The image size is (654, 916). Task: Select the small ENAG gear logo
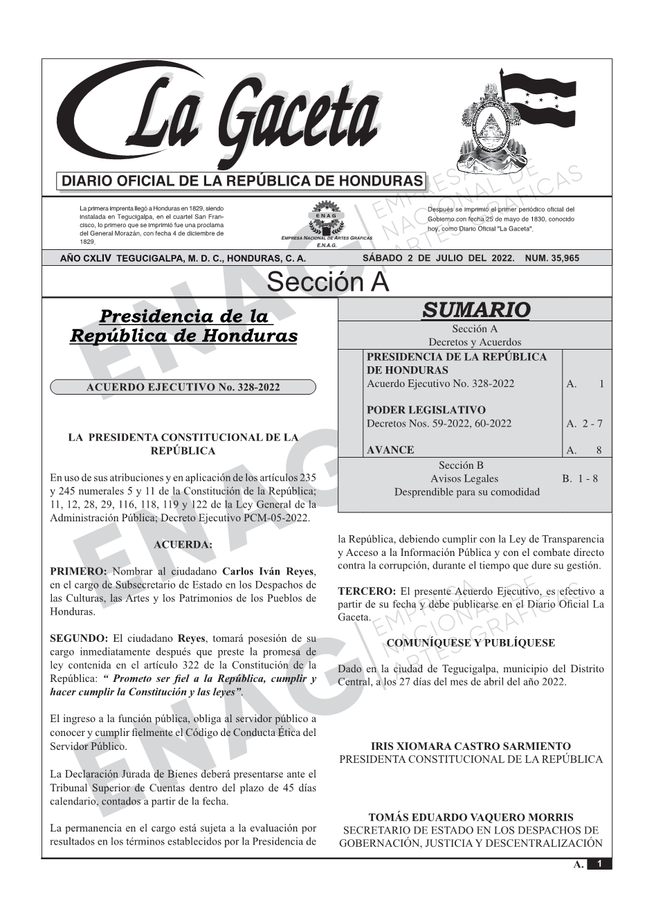326,216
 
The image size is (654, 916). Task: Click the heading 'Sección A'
327,282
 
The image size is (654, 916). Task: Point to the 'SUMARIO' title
475,309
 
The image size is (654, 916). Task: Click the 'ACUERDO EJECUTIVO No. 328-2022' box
183,387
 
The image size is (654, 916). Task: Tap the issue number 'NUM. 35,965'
552,258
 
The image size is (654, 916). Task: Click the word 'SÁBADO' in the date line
382,258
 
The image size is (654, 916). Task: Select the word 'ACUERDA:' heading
183,545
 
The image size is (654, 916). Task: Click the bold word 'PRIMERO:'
78,572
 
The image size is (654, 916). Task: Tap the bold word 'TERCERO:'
366,591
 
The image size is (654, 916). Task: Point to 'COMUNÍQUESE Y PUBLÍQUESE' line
471,643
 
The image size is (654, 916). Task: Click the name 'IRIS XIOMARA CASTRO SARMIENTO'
471,746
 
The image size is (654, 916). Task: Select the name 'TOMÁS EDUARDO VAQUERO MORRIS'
471,817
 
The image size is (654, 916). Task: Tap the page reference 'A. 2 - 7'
584,424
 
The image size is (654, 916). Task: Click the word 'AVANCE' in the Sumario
390,450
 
